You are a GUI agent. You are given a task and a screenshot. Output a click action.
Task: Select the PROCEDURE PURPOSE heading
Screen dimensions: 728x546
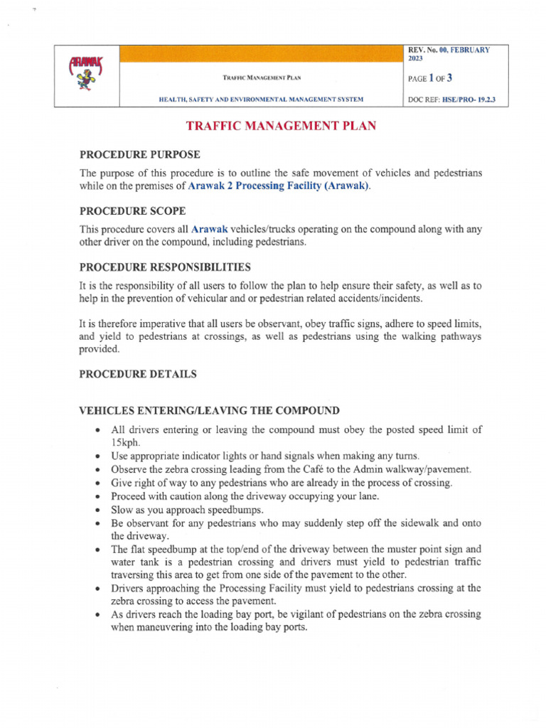pos(139,154)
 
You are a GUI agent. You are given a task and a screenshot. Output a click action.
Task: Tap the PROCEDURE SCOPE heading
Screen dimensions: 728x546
pos(132,211)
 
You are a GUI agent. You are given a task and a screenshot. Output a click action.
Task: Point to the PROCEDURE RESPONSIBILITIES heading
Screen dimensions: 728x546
pos(164,267)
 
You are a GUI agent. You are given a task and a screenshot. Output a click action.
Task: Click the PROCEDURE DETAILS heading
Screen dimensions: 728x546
pos(138,374)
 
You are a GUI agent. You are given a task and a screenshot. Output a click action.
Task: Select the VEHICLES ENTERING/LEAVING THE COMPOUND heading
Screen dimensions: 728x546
pos(209,410)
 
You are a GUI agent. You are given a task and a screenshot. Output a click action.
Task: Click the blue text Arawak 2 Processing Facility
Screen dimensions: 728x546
pos(279,186)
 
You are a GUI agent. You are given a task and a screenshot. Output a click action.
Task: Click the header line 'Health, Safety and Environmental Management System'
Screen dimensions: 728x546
pos(261,100)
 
